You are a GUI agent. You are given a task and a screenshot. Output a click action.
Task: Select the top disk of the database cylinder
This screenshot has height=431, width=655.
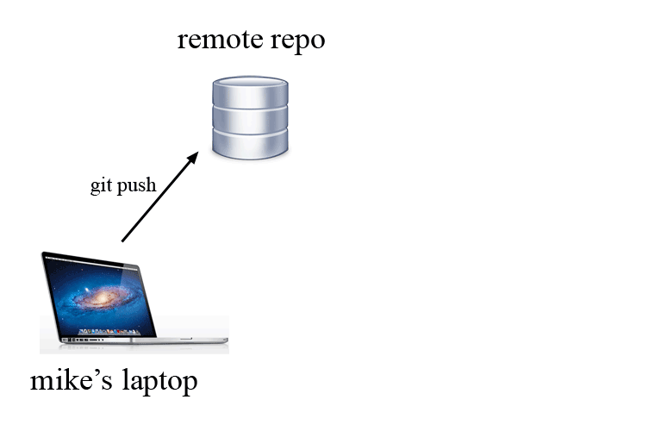(250, 90)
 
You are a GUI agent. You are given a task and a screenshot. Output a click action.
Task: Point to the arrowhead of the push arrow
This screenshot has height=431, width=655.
(195, 156)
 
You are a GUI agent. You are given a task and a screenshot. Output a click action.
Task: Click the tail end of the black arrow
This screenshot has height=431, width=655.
(123, 240)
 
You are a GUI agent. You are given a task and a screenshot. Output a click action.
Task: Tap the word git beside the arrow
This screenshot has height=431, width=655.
(101, 185)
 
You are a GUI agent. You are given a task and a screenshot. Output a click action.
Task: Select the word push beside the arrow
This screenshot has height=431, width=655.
(136, 186)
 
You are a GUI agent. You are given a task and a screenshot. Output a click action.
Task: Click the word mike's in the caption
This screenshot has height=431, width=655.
(71, 380)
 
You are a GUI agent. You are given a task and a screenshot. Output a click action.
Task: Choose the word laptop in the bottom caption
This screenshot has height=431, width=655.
(158, 382)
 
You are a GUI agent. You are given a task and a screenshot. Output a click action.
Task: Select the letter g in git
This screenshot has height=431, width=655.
(95, 187)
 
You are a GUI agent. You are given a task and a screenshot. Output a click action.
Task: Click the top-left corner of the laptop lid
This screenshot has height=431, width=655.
(43, 253)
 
